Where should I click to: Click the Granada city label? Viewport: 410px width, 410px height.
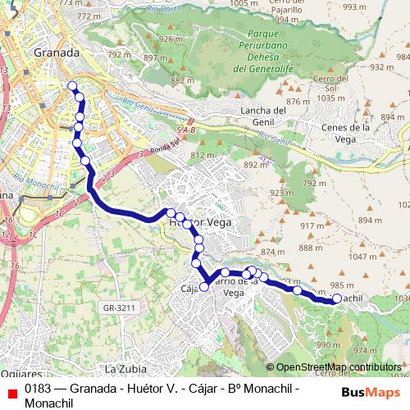click(x=57, y=52)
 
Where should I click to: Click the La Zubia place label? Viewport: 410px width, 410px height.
click(x=125, y=367)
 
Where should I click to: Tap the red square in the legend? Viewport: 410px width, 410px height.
click(x=10, y=392)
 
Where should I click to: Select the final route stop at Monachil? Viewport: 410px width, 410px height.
click(x=336, y=299)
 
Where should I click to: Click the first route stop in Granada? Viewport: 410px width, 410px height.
click(x=72, y=86)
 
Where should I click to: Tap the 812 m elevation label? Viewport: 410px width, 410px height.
click(x=202, y=155)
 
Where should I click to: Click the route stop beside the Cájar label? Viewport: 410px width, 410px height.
click(x=204, y=287)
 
